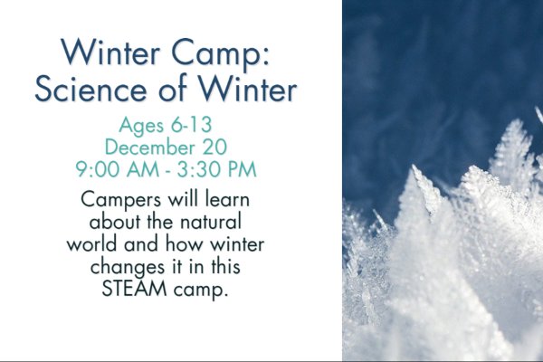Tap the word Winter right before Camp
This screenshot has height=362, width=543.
pyautogui.click(x=110, y=52)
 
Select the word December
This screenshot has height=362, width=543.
pyautogui.click(x=150, y=147)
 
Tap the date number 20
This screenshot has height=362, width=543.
pyautogui.click(x=214, y=147)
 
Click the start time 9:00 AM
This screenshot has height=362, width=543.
pyautogui.click(x=118, y=169)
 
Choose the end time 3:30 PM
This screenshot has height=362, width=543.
pyautogui.click(x=217, y=169)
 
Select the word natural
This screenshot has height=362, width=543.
pyautogui.click(x=212, y=222)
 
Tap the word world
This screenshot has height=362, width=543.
pyautogui.click(x=91, y=243)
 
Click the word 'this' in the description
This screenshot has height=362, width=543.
pyautogui.click(x=225, y=266)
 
